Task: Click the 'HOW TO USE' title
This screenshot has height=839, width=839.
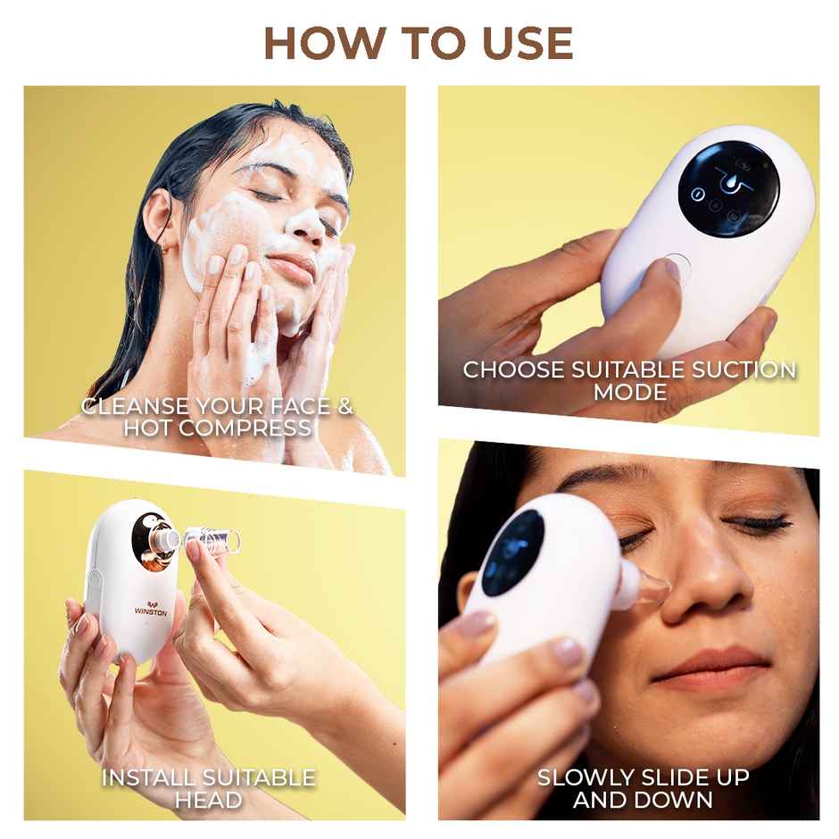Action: [419, 43]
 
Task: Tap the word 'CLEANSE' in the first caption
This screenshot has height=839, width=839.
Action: [135, 407]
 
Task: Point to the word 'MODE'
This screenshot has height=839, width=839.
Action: [629, 392]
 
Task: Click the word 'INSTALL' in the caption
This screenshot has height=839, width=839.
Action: [145, 777]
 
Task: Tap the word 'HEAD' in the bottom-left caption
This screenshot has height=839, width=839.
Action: [208, 800]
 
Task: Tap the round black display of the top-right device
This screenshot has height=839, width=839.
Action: [727, 188]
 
